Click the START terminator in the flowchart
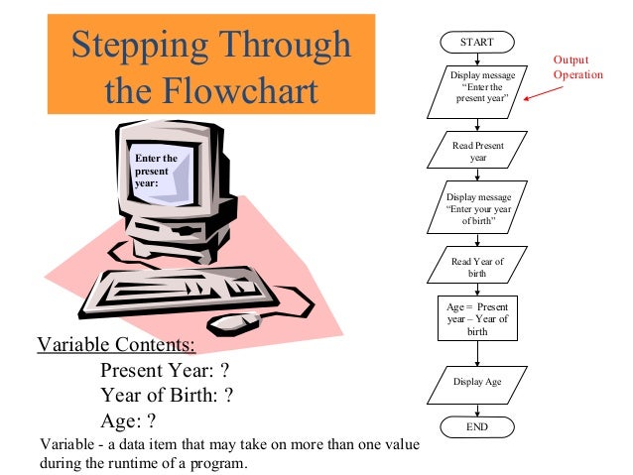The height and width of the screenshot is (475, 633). pos(478,42)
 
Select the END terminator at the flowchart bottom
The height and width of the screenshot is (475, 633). pos(478,426)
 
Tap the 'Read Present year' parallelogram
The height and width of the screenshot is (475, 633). pos(478,152)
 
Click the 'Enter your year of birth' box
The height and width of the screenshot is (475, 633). pos(478,209)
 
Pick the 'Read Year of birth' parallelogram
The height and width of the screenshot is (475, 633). pos(478,267)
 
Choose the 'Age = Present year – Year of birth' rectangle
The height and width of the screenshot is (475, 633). pos(478,319)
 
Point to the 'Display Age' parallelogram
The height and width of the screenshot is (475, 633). pos(478,381)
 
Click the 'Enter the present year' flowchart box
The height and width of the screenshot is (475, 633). pos(478,87)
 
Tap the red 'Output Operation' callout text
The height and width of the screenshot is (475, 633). pos(578,67)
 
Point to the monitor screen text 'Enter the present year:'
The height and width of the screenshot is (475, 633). pos(156,171)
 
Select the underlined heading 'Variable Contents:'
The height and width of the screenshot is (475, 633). pos(116,346)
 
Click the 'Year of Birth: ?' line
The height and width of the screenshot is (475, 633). pos(167,396)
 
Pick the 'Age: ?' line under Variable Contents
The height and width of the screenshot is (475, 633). pos(130,420)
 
